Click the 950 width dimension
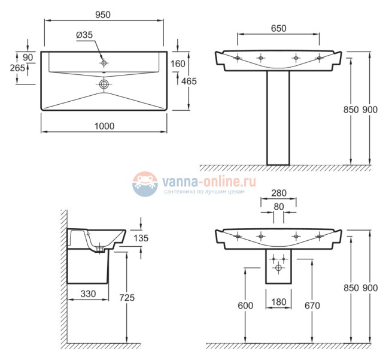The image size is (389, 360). click(102, 13)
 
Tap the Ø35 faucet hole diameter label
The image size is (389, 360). click(84, 35)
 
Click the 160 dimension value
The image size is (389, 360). click(179, 64)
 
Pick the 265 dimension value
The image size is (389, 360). click(18, 68)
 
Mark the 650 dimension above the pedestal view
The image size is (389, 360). click(278, 28)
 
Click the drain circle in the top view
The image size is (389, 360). click(104, 84)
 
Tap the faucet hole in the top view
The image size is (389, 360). click(104, 62)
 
